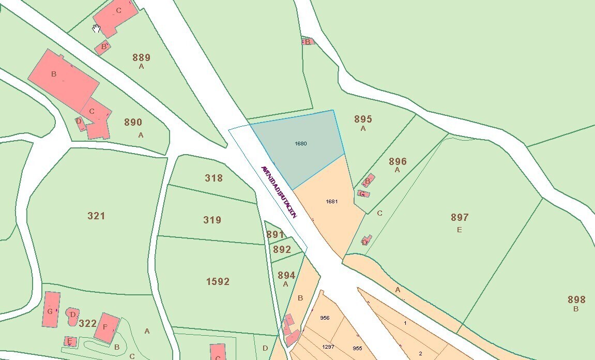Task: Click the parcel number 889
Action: (141, 57)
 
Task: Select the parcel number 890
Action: (133, 123)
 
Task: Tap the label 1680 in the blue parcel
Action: (301, 143)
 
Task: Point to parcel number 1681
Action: (332, 201)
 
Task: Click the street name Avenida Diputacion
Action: (279, 192)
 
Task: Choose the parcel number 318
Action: (213, 178)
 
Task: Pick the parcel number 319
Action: (212, 220)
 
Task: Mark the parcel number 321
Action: (96, 216)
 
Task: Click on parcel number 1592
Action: (218, 281)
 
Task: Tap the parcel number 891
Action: (275, 235)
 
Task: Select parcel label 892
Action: (282, 249)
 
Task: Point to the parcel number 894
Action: (286, 275)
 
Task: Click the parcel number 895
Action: (363, 119)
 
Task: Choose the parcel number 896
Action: (398, 161)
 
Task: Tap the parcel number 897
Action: (460, 217)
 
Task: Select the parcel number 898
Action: (576, 299)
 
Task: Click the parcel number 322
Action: (88, 323)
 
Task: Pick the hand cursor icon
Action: (96, 28)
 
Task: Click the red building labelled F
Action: (106, 327)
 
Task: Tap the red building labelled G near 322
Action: (51, 309)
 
